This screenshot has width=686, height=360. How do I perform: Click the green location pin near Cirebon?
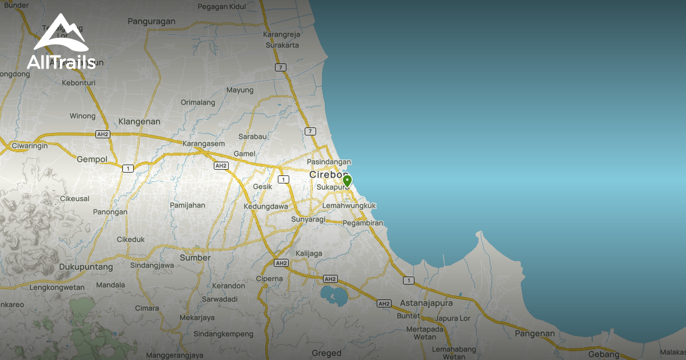pos(347,182)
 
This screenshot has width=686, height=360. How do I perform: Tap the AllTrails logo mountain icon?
pos(60,35)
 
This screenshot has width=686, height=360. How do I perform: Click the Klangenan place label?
pos(139,122)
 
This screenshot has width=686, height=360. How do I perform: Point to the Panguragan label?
pos(151,22)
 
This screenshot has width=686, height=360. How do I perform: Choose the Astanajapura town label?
pos(426,303)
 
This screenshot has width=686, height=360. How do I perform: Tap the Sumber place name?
pos(196,258)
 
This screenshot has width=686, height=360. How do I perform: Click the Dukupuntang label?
pos(86,267)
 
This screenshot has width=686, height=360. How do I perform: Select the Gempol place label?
pos(92,159)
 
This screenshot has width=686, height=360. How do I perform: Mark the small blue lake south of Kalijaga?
pos(334,294)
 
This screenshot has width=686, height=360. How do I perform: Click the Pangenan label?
pos(535,334)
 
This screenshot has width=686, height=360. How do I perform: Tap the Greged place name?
pos(326,353)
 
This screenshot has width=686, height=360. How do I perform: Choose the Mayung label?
pos(240,90)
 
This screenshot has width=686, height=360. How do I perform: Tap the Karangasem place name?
pos(204,143)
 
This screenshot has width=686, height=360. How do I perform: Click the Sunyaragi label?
pos(308,219)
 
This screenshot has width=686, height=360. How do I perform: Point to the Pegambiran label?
pos(362,223)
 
